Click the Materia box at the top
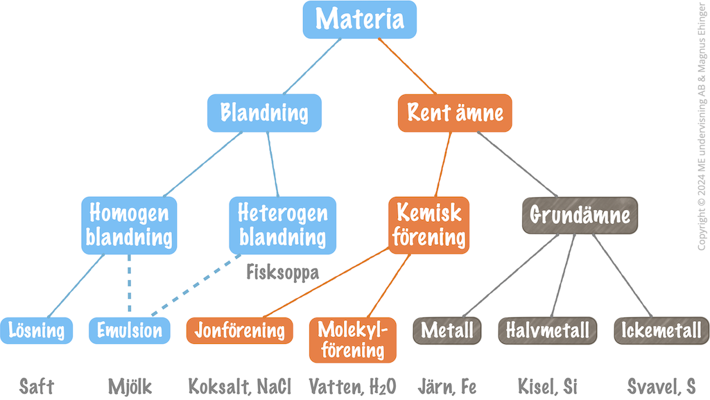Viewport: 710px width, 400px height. (360, 19)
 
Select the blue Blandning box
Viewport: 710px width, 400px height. (264, 113)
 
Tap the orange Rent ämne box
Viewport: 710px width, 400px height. (455, 113)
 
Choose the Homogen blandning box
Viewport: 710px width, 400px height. (129, 225)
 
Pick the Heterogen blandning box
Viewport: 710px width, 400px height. (283, 225)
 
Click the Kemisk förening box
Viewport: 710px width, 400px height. (428, 225)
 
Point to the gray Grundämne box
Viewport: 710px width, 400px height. (580, 216)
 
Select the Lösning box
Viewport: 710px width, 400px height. (36, 331)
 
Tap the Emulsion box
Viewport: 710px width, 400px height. (130, 331)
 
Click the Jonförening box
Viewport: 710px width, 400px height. (239, 331)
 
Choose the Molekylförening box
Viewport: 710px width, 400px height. (353, 340)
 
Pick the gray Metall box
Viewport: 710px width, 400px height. (447, 331)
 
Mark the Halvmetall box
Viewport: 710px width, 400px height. (548, 331)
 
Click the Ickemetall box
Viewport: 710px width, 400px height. (661, 331)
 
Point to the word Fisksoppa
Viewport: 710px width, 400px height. (283, 272)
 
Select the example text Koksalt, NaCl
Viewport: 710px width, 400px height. (239, 387)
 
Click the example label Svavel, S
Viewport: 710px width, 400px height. (661, 387)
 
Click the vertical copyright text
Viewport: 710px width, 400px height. (702, 125)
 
